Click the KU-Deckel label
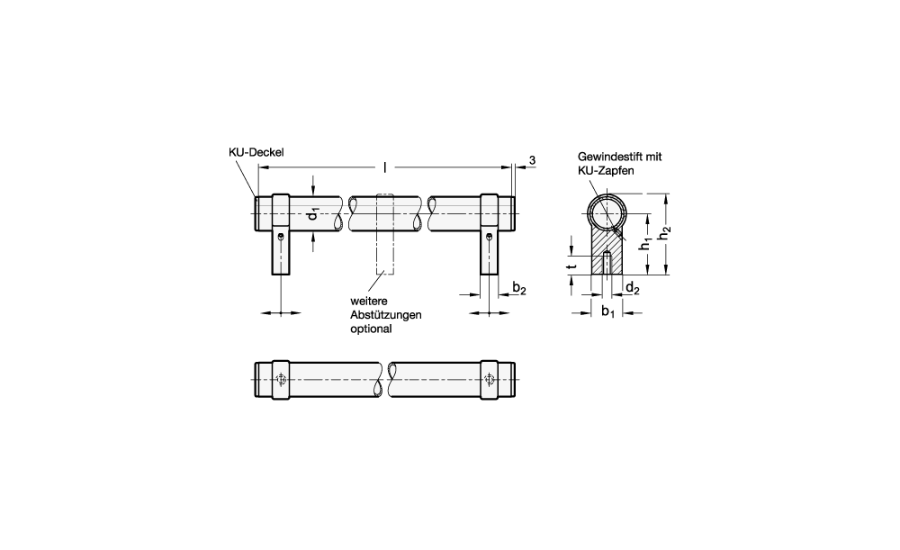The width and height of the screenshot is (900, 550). [x=256, y=152]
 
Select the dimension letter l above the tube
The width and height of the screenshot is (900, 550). [x=385, y=167]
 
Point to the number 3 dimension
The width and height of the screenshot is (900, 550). [x=532, y=161]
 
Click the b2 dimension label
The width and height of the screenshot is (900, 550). [x=519, y=288]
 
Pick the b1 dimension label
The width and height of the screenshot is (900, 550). [x=607, y=311]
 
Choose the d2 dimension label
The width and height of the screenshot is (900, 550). [x=632, y=288]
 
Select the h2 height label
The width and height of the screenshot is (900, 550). [x=665, y=235]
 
